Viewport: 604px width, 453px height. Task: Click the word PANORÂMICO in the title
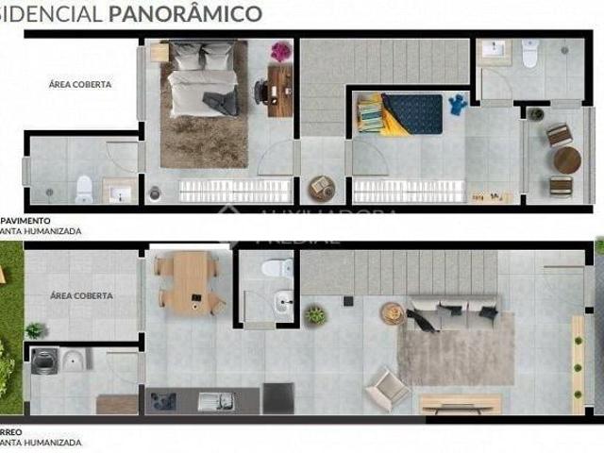tap(199, 13)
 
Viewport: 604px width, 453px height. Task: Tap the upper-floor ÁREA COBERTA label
tap(80, 84)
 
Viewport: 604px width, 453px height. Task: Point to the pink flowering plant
tap(281, 51)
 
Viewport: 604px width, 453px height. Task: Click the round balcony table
tap(566, 159)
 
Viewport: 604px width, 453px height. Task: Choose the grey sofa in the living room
tap(452, 312)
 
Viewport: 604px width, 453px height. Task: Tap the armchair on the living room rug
tap(387, 385)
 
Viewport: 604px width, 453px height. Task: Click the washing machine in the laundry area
tap(42, 361)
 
